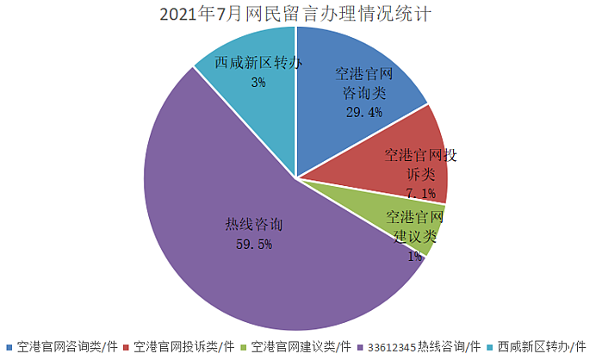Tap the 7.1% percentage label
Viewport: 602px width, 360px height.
coord(421,193)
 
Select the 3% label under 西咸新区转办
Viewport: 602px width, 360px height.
coord(258,83)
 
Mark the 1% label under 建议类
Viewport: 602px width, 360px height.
coord(414,255)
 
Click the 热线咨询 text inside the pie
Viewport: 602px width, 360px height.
coord(255,224)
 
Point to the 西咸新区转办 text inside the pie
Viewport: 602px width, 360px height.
coord(258,64)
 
